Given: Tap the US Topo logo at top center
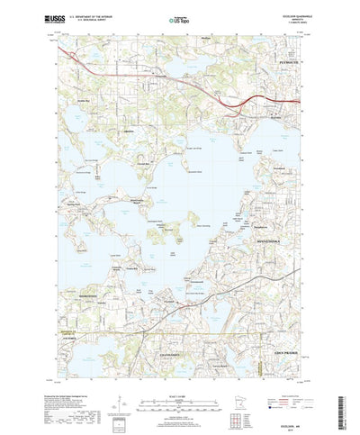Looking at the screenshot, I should (179, 17).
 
